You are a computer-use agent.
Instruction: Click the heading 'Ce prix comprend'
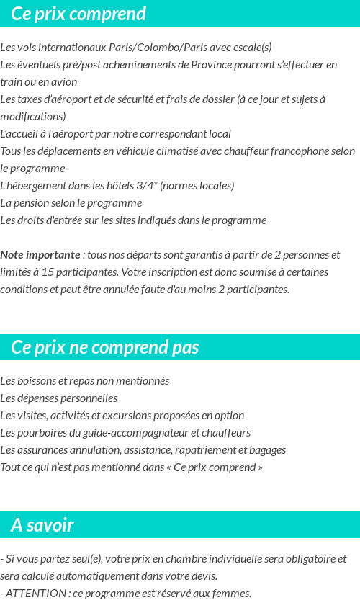[x=78, y=14]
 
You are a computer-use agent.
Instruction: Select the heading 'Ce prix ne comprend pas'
[x=104, y=347]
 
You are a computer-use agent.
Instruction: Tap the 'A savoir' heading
[x=42, y=525]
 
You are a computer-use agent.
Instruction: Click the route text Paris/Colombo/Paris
[x=153, y=48]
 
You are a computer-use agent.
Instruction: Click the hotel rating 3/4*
[x=147, y=186]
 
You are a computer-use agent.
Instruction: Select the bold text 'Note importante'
[x=40, y=255]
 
